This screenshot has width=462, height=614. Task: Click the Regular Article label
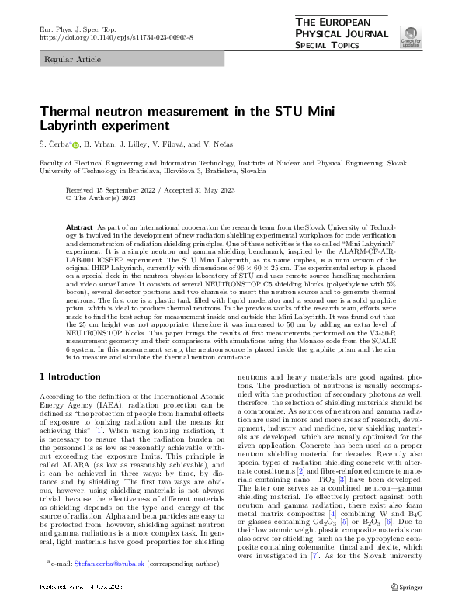click(x=70, y=59)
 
